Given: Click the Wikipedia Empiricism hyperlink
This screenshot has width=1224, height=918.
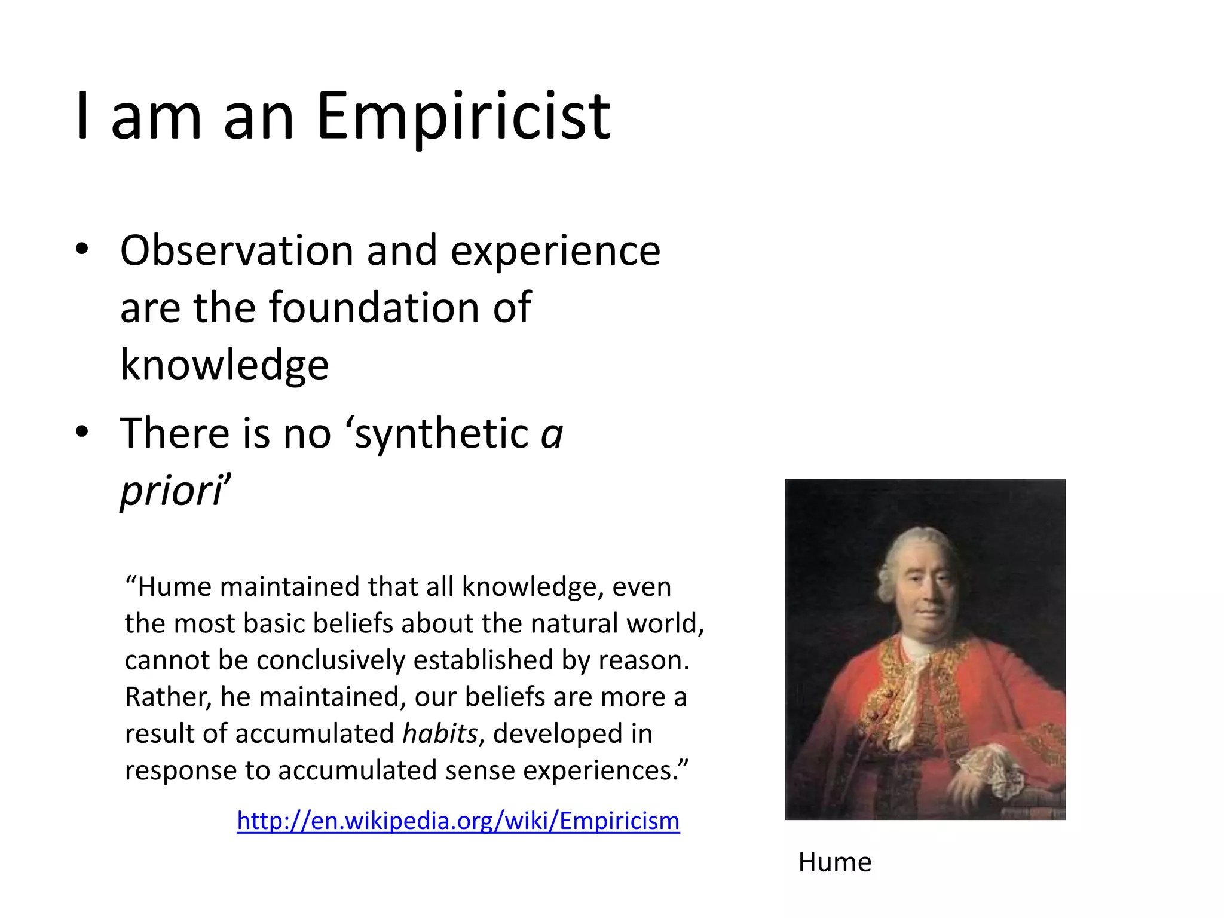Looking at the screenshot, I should pyautogui.click(x=458, y=821).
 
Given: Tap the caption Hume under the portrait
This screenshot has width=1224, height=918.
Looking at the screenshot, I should pyautogui.click(x=834, y=862).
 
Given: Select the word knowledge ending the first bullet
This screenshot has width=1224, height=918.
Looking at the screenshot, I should pyautogui.click(x=224, y=365).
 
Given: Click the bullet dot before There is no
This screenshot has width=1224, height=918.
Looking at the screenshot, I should pyautogui.click(x=82, y=432).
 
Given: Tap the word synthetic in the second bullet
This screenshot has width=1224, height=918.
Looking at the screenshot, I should pyautogui.click(x=441, y=433).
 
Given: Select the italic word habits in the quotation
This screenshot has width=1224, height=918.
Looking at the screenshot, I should pyautogui.click(x=440, y=733).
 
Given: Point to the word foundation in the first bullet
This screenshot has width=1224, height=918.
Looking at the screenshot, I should pyautogui.click(x=374, y=308).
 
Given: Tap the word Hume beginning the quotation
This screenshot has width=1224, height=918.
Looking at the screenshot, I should pyautogui.click(x=175, y=587).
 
